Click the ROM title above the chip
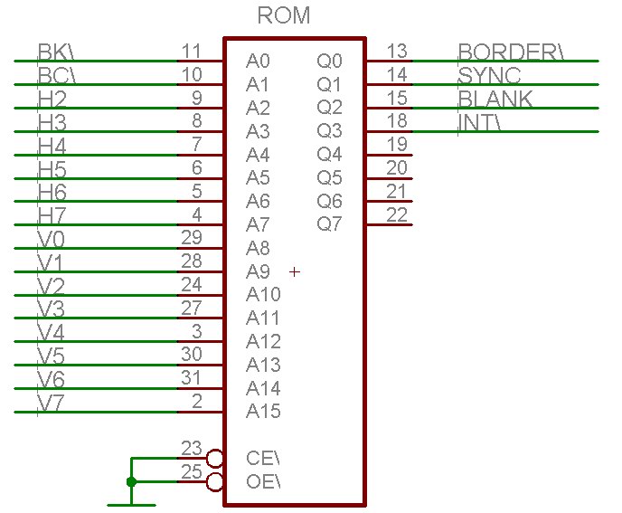[x=284, y=15]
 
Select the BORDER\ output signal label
[x=511, y=52]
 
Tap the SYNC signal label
[x=489, y=76]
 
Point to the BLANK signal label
[x=495, y=100]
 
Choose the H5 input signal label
[x=52, y=170]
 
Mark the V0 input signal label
[x=50, y=241]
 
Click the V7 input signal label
[x=50, y=404]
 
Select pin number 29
[x=191, y=237]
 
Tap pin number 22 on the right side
[x=397, y=214]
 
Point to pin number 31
[x=191, y=378]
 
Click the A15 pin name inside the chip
[x=263, y=412]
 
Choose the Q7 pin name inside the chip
[x=330, y=223]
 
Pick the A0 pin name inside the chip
[x=258, y=62]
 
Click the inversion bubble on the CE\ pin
[x=215, y=458]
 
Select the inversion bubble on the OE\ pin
[x=215, y=481]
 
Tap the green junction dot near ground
[x=132, y=481]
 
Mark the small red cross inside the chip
[x=295, y=271]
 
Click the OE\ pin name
[x=263, y=482]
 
